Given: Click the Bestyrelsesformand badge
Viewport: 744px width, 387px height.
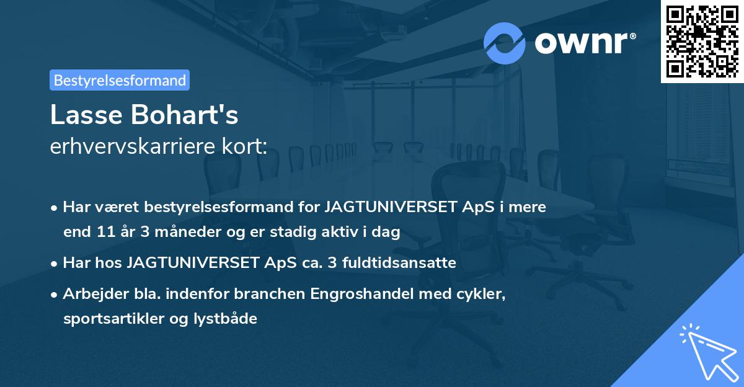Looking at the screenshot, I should [120, 80].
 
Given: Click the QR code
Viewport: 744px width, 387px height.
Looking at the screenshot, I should [702, 41].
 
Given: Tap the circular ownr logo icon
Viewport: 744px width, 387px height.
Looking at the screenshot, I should [505, 43].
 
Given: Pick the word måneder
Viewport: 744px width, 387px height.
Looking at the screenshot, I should [186, 233].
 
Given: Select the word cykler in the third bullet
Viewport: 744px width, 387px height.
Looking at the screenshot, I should [484, 294].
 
